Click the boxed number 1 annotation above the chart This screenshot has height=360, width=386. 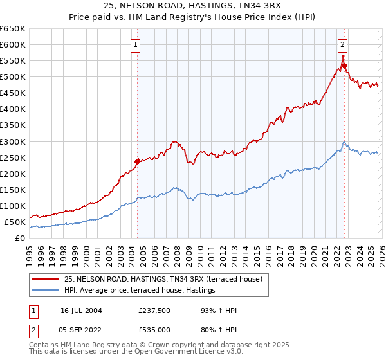pos(137,44)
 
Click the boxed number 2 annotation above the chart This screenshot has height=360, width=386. pos(343,44)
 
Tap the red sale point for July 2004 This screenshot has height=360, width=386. pos(137,161)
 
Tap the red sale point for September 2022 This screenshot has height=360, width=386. pos(344,65)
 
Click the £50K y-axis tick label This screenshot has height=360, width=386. pos(15,222)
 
